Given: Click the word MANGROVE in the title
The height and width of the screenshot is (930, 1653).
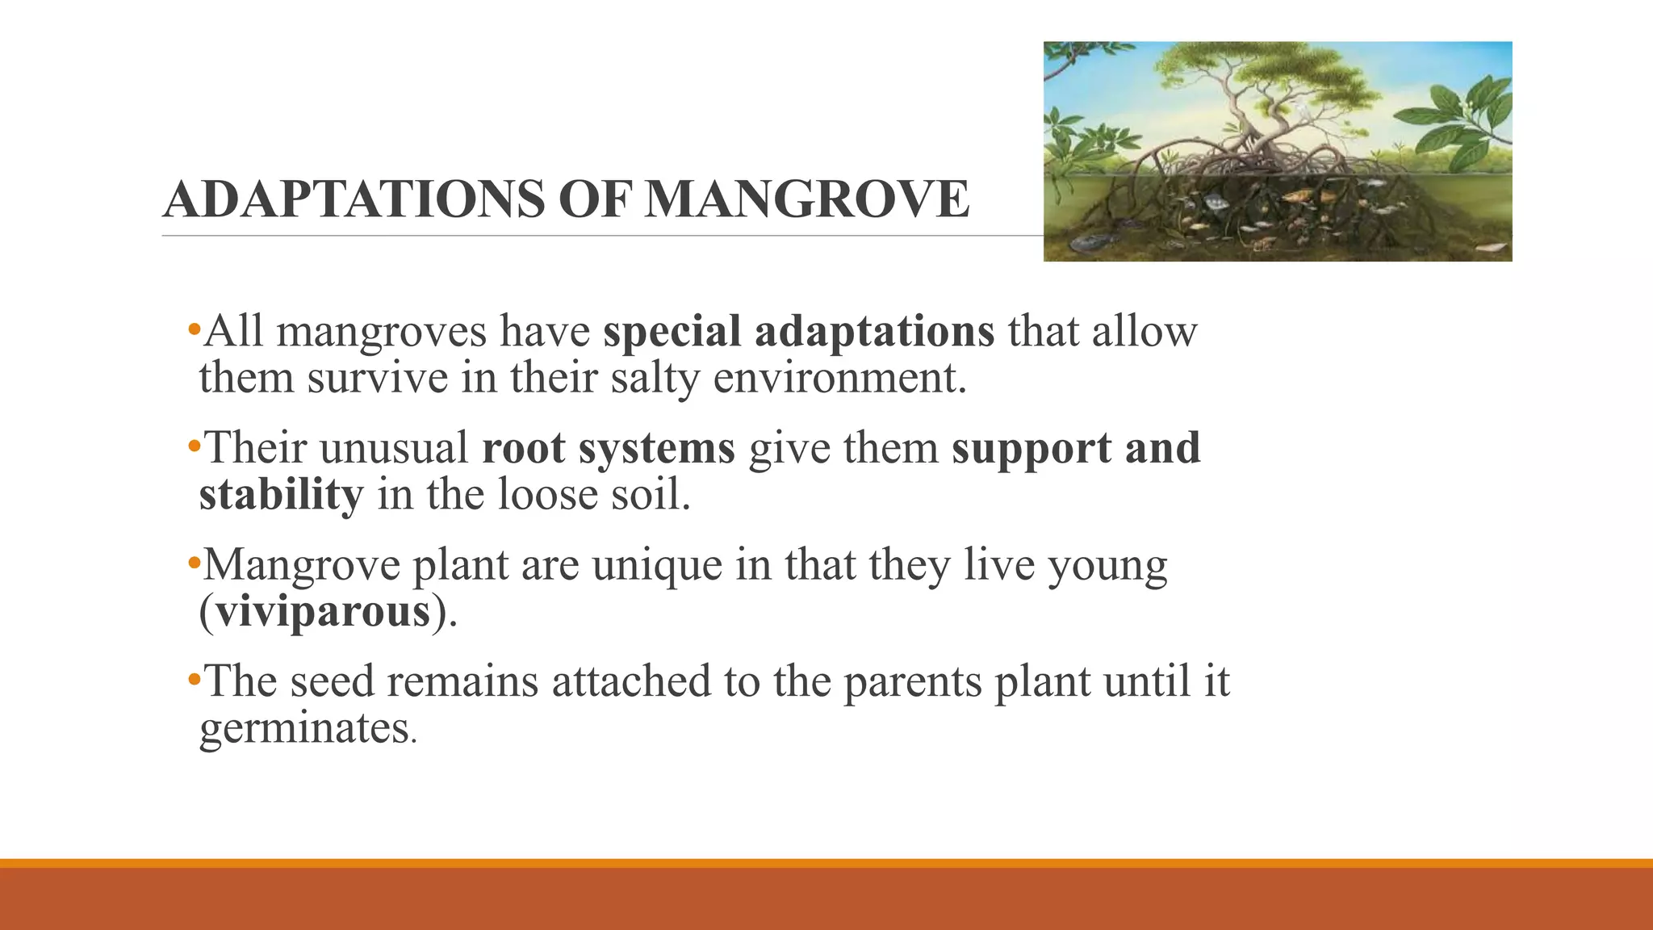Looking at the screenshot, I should click(x=806, y=199).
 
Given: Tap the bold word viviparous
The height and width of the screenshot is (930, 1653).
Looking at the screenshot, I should click(x=323, y=611).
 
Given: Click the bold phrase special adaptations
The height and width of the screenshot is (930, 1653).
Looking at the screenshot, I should click(x=798, y=331).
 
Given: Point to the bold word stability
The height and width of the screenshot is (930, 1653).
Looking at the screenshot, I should click(x=281, y=494).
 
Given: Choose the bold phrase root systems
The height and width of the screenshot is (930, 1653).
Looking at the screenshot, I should click(x=608, y=448).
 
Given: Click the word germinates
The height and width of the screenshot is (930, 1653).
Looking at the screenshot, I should click(x=304, y=727).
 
